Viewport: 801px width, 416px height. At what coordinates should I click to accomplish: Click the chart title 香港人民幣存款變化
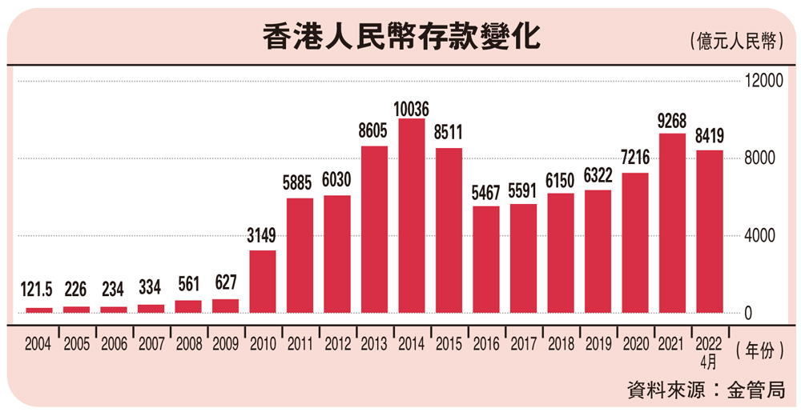tap(401, 38)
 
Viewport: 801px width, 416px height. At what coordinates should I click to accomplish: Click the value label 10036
tap(412, 107)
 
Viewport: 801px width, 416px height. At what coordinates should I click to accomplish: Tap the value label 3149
tap(263, 238)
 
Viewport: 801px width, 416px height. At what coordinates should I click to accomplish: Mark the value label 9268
tap(672, 122)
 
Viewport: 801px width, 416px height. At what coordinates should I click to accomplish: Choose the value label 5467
tap(486, 194)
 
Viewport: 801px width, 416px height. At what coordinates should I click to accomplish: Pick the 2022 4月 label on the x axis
tap(710, 349)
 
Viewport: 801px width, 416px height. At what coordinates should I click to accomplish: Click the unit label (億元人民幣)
tap(734, 42)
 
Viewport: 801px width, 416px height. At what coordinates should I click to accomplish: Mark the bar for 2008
tap(188, 306)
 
